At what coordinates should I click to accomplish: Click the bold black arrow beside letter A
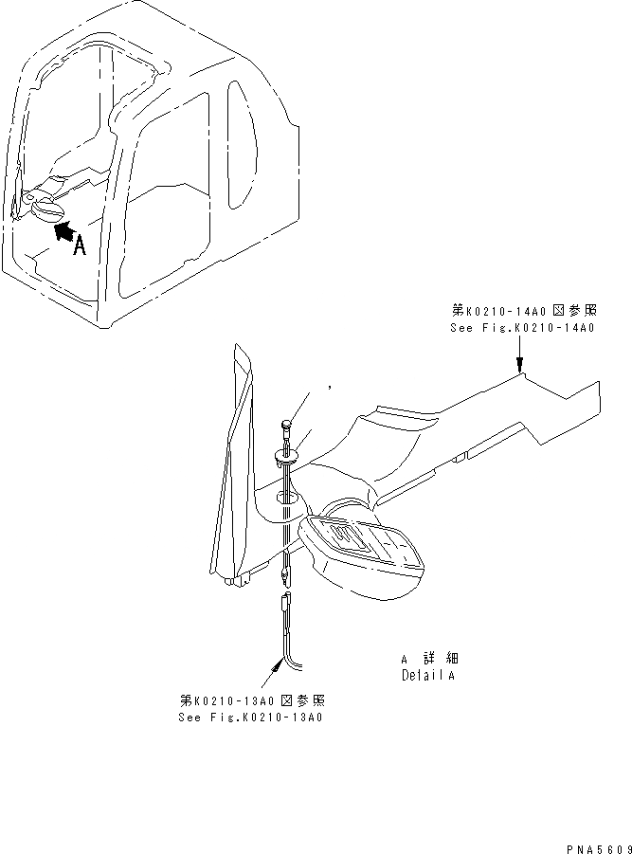coord(59,228)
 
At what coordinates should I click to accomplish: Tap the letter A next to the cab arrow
coord(80,246)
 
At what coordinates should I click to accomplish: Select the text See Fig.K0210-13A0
coord(251,718)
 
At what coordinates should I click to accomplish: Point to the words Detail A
coord(427,676)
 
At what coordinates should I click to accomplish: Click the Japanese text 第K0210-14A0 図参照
coord(523,310)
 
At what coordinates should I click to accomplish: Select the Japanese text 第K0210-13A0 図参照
coord(252,700)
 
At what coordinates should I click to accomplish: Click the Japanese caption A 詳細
coord(429,658)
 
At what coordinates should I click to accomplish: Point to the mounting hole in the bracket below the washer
coord(285,497)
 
